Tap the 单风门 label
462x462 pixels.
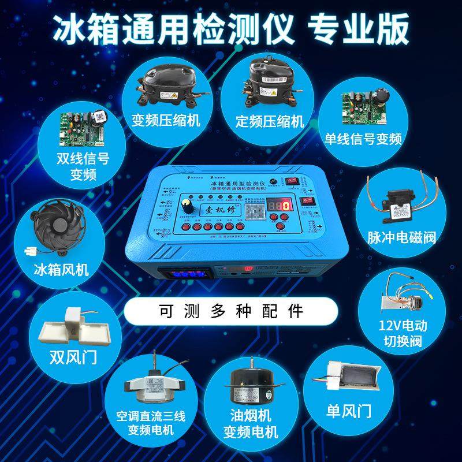pos(349,412)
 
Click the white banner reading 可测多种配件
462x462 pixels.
pos(231,312)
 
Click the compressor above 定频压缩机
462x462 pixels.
pos(269,87)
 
